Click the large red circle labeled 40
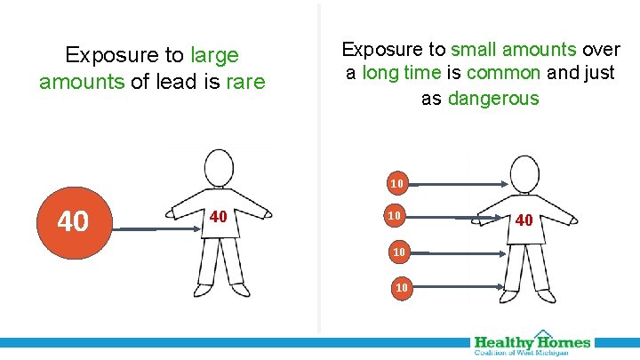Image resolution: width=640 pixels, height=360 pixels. coord(72,220)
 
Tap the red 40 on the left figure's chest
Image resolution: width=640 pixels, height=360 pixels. coord(219,217)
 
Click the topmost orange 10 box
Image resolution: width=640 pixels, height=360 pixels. coord(397,184)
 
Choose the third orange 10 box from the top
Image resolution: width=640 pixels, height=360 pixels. coord(399,252)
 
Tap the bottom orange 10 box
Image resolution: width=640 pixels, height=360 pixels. coord(402,287)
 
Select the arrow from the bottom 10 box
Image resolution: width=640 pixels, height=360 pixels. coord(458,288)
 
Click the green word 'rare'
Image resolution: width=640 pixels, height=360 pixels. coord(245,83)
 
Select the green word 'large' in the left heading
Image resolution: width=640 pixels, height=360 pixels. coord(215,55)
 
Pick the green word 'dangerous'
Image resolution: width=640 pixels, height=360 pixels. coord(493,98)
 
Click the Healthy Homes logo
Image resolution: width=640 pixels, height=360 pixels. coord(532,344)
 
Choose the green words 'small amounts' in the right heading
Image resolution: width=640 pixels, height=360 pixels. coord(515,49)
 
